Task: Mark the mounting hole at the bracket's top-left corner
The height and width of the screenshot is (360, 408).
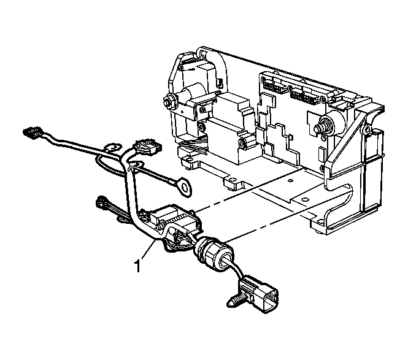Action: tap(203, 53)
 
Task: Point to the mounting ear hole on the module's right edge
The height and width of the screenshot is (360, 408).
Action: tap(367, 128)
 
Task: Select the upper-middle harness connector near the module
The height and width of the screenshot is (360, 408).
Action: tap(146, 147)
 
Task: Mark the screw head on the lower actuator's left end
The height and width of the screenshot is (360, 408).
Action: tap(202, 127)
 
